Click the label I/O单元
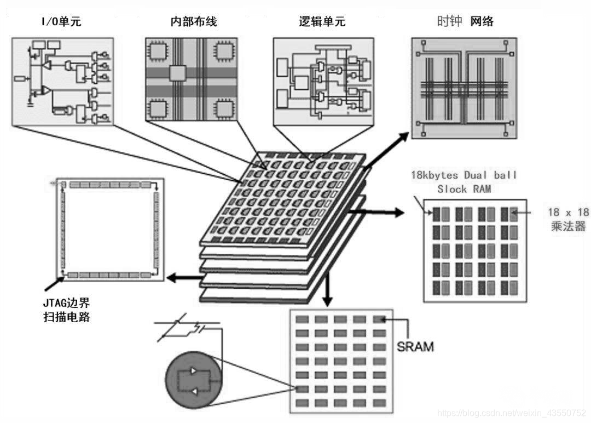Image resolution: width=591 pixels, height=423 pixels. pos(61,22)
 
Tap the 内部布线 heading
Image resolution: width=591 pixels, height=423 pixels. pos(193,22)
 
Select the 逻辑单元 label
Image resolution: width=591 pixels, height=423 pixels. pos(322,22)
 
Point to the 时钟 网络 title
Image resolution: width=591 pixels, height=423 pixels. pos(465,21)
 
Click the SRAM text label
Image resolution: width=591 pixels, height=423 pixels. pos(415,346)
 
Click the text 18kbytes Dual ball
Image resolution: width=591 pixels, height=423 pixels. pos(464,176)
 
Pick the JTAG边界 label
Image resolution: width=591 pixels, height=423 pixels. pos(65,302)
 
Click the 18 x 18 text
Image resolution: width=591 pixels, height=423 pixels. pos(567,211)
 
